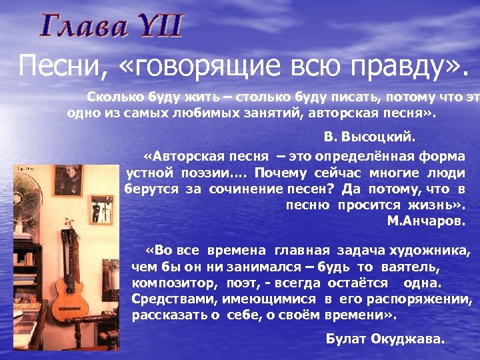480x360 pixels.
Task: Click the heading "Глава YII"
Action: point(111,26)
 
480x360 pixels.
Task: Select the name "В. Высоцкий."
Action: point(369,137)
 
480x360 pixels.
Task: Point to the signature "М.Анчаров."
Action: point(426,221)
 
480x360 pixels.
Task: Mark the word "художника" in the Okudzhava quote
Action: point(436,251)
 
